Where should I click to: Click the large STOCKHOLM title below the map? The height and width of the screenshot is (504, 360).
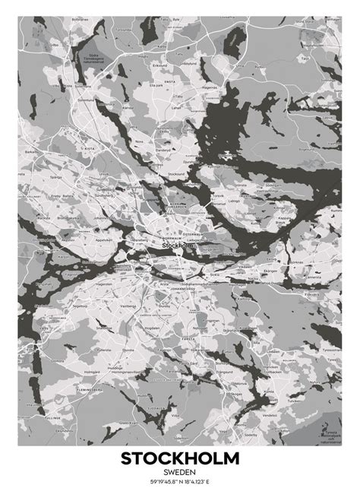pos(179,458)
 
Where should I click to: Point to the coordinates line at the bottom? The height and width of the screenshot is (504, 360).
pos(179,481)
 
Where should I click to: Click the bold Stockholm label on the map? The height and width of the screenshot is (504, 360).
pos(178,246)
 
